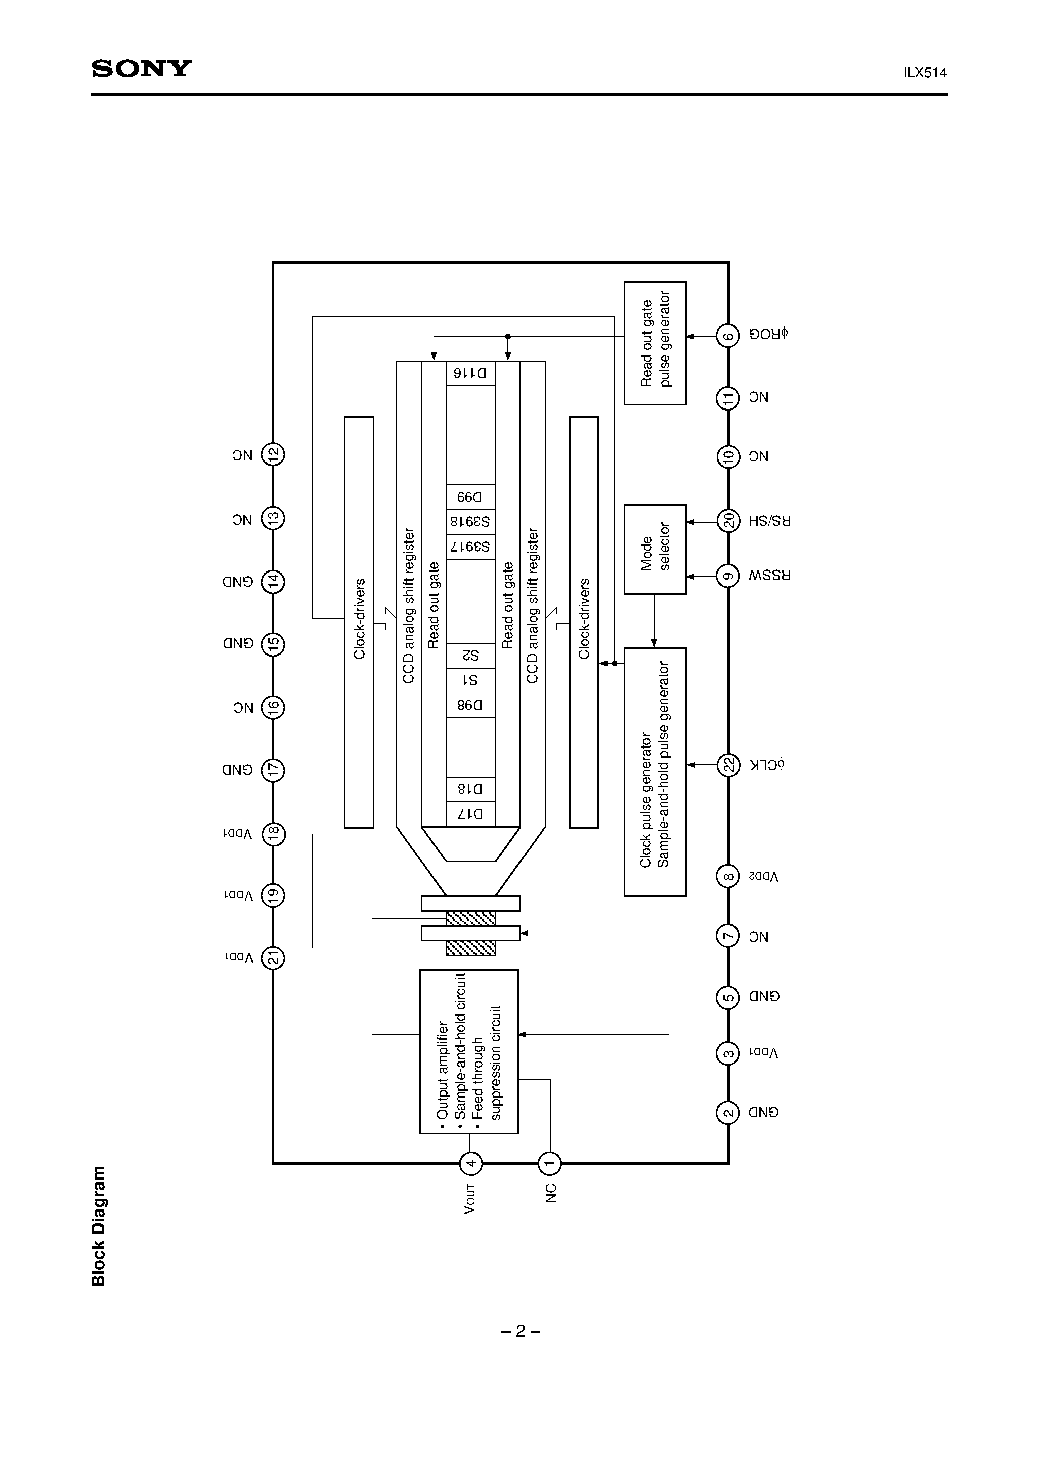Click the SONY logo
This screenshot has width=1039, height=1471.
coord(141,68)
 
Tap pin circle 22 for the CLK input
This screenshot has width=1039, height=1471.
coord(728,764)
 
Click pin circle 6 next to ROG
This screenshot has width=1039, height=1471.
coord(728,335)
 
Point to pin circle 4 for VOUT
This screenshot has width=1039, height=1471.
coord(471,1163)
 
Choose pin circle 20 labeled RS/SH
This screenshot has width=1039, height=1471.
coord(728,521)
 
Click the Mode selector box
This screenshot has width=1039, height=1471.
coord(655,549)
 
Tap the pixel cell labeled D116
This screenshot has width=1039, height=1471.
coord(471,373)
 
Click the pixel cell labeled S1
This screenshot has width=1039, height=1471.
coord(471,680)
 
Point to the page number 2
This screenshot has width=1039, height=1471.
coord(520,1331)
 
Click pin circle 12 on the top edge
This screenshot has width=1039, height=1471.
coord(274,455)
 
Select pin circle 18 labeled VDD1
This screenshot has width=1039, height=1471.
coord(274,834)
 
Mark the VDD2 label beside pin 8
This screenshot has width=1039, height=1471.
coord(763,876)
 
